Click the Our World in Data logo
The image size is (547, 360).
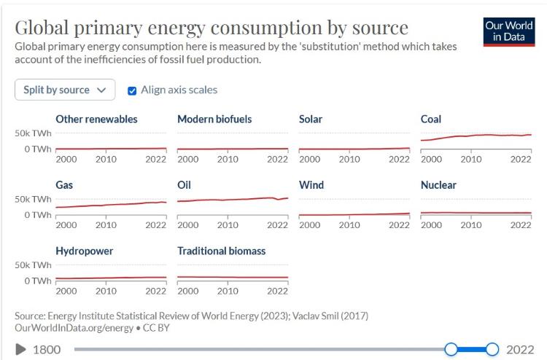(x=508, y=30)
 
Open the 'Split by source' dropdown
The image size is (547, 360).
(x=64, y=90)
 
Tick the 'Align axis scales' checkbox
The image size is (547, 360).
(x=132, y=90)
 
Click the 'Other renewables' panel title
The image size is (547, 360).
(x=96, y=119)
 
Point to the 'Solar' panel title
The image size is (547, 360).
(x=311, y=119)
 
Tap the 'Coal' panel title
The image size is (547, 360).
(x=431, y=119)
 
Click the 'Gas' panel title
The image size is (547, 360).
(x=64, y=185)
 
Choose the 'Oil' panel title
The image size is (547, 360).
(x=184, y=185)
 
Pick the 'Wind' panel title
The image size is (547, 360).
(x=311, y=185)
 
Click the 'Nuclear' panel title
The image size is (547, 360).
(x=438, y=185)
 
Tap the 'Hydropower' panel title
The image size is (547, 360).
(x=84, y=251)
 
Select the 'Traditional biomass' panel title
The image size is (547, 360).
(x=221, y=251)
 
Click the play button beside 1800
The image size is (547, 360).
(x=21, y=350)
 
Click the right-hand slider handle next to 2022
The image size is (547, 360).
(x=492, y=349)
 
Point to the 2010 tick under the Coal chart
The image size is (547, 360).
(x=471, y=159)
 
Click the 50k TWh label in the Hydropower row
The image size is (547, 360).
(x=33, y=265)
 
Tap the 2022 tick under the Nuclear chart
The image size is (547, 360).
(x=520, y=225)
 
